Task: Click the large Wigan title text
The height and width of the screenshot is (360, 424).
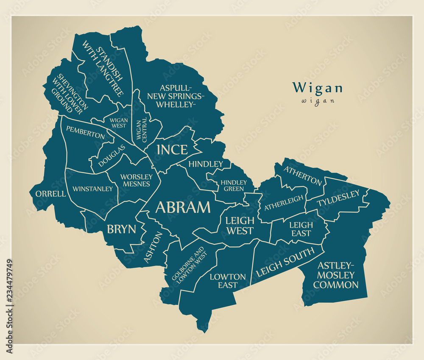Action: click(x=317, y=88)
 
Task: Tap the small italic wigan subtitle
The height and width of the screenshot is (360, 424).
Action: click(x=318, y=101)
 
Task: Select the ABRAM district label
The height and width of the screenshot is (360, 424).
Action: click(x=183, y=207)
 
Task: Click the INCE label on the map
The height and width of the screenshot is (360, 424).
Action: click(x=172, y=150)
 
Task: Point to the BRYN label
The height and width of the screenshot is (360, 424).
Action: click(x=121, y=229)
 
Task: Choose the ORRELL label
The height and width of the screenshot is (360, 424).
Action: click(x=50, y=194)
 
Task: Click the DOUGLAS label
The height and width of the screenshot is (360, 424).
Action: click(x=112, y=155)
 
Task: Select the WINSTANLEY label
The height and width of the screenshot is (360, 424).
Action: click(x=93, y=189)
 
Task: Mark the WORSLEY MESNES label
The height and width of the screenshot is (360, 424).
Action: click(x=136, y=180)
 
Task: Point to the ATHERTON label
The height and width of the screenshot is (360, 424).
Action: click(x=303, y=175)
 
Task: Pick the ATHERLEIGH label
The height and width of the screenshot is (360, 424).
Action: click(x=284, y=203)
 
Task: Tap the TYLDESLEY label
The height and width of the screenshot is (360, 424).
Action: click(x=338, y=198)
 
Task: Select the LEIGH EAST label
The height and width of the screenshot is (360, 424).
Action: click(x=301, y=229)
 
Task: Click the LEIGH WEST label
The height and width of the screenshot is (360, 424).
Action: click(x=240, y=225)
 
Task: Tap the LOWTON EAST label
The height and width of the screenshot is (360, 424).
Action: click(x=228, y=281)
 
